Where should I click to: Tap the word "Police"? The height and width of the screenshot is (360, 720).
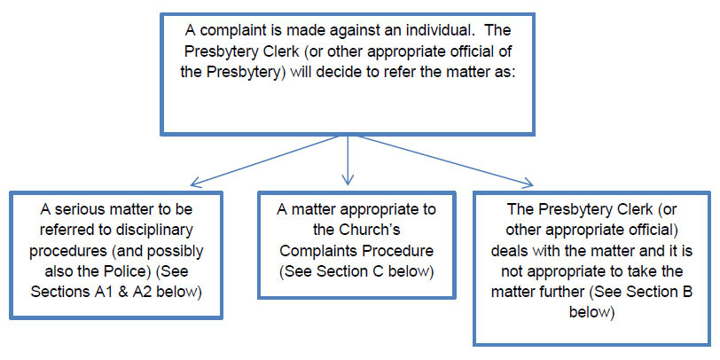pyautogui.click(x=129, y=272)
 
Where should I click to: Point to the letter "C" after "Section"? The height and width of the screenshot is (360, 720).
pyautogui.click(x=380, y=272)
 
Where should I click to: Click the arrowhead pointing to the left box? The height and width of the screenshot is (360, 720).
pyautogui.click(x=195, y=184)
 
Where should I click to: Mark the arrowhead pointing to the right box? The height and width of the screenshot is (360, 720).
pyautogui.click(x=528, y=184)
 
